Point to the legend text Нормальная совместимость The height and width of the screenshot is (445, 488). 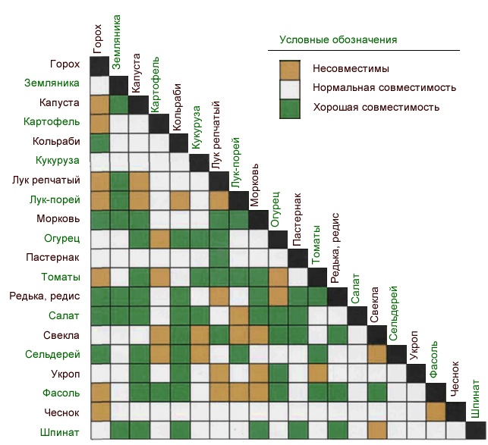(383, 88)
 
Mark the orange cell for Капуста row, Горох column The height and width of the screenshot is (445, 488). (99, 104)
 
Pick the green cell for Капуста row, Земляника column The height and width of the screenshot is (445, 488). (119, 104)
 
